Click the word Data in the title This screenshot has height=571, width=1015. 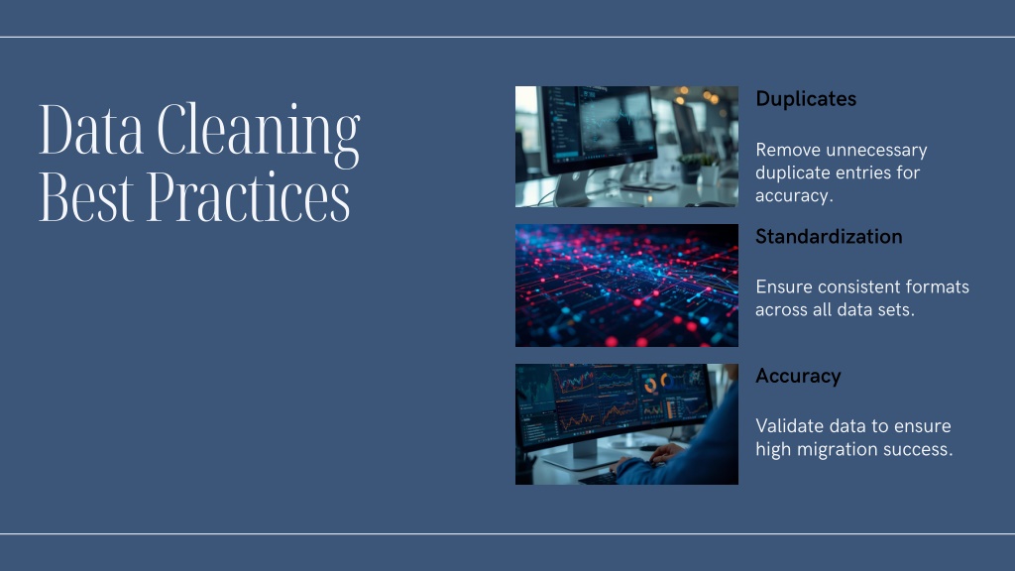coord(91,129)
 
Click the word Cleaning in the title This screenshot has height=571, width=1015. coord(259,134)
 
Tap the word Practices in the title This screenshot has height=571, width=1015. coord(249,197)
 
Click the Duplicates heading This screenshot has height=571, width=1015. coord(806,99)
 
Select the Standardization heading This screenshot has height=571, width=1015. coord(829,237)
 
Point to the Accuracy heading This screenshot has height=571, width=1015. coord(798,376)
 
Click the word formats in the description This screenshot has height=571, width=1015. coord(937,286)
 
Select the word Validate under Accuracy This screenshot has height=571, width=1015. coord(789,426)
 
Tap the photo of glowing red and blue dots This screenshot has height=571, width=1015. coord(626,285)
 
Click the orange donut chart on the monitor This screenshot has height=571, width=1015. coord(650,386)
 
